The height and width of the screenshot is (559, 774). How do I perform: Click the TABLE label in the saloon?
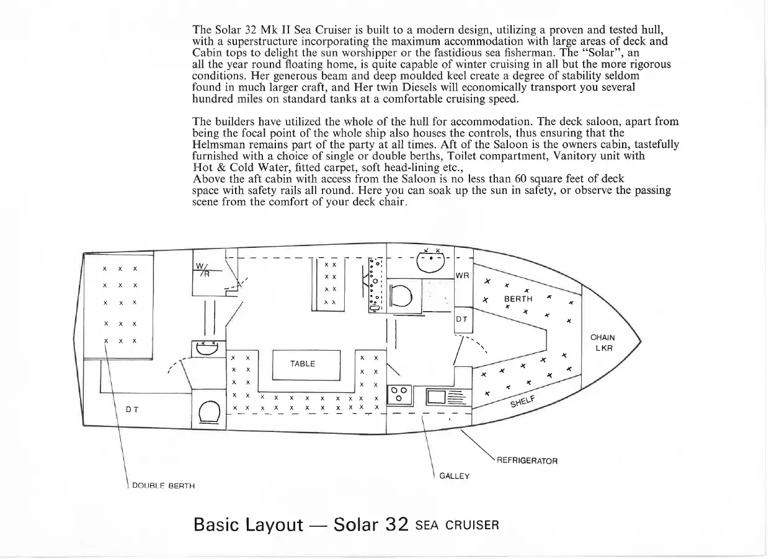click(303, 364)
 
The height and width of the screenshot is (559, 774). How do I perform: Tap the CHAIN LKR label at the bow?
click(603, 343)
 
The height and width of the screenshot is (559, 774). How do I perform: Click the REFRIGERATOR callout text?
click(527, 461)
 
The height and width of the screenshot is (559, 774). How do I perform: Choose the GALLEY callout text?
click(455, 476)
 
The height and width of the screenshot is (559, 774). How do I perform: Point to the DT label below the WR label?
click(462, 320)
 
